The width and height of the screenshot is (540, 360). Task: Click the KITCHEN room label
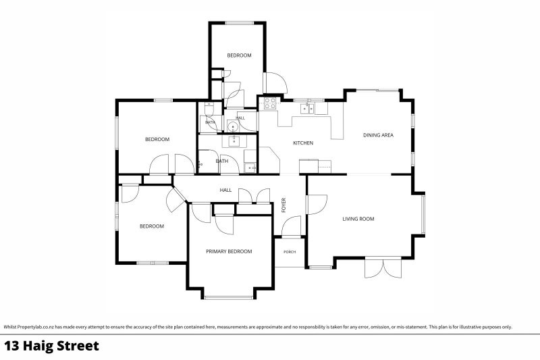tap(303, 143)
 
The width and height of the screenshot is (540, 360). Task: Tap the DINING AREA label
tap(378, 135)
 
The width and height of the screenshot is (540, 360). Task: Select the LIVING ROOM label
tap(358, 219)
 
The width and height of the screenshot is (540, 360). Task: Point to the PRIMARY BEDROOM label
tap(229, 251)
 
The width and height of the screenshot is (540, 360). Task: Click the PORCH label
tap(290, 252)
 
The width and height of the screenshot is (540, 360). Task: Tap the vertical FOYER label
tap(283, 205)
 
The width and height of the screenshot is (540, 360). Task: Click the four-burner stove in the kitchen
tap(270, 103)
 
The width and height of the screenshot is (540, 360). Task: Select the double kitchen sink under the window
tap(307, 109)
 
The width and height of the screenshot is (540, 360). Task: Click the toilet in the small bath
tap(209, 109)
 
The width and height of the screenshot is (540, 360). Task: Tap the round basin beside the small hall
tap(233, 126)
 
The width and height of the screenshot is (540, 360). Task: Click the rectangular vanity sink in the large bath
tap(234, 140)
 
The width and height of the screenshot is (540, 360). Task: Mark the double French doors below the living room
tap(383, 267)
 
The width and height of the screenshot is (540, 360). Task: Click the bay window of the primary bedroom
tap(229, 297)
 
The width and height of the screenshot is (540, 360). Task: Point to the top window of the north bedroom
tap(240, 23)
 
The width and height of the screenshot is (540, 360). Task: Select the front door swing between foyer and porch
tap(292, 226)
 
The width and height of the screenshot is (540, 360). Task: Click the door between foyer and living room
tap(317, 205)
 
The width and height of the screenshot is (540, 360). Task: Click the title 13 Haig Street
tap(52, 346)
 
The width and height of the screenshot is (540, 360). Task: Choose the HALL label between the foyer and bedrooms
tap(225, 190)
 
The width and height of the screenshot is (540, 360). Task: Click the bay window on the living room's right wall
tap(423, 213)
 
